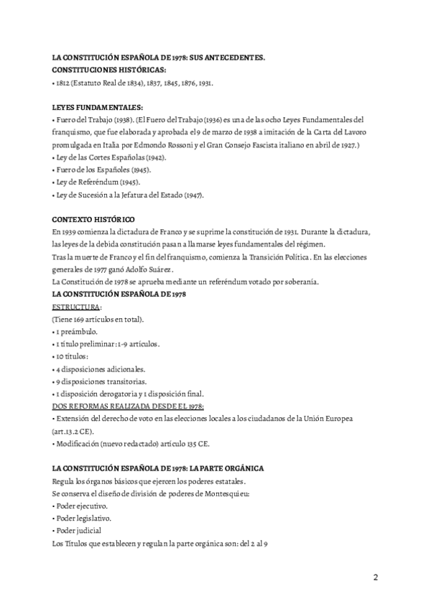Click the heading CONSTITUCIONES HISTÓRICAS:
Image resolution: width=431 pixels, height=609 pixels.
[109, 70]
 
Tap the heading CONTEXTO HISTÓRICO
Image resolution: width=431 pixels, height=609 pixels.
[93, 218]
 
